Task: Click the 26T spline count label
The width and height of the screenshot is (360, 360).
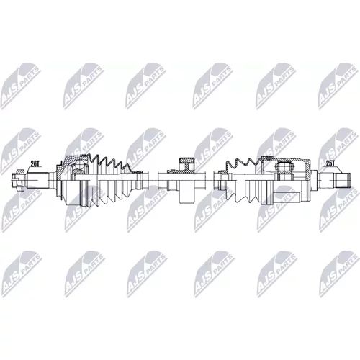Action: [x=35, y=163]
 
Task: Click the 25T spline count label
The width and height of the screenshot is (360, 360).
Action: [x=330, y=163]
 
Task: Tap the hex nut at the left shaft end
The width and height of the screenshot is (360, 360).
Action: [x=18, y=181]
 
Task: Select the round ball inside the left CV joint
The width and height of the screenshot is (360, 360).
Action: [x=80, y=166]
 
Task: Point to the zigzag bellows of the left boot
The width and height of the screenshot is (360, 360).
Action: [x=110, y=166]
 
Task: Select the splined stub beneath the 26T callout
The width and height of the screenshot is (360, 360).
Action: [x=38, y=181]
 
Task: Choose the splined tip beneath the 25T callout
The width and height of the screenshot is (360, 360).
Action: [x=343, y=181]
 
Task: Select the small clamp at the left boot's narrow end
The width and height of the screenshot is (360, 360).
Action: [x=139, y=181]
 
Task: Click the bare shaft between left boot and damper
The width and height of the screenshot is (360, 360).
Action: [x=150, y=181]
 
